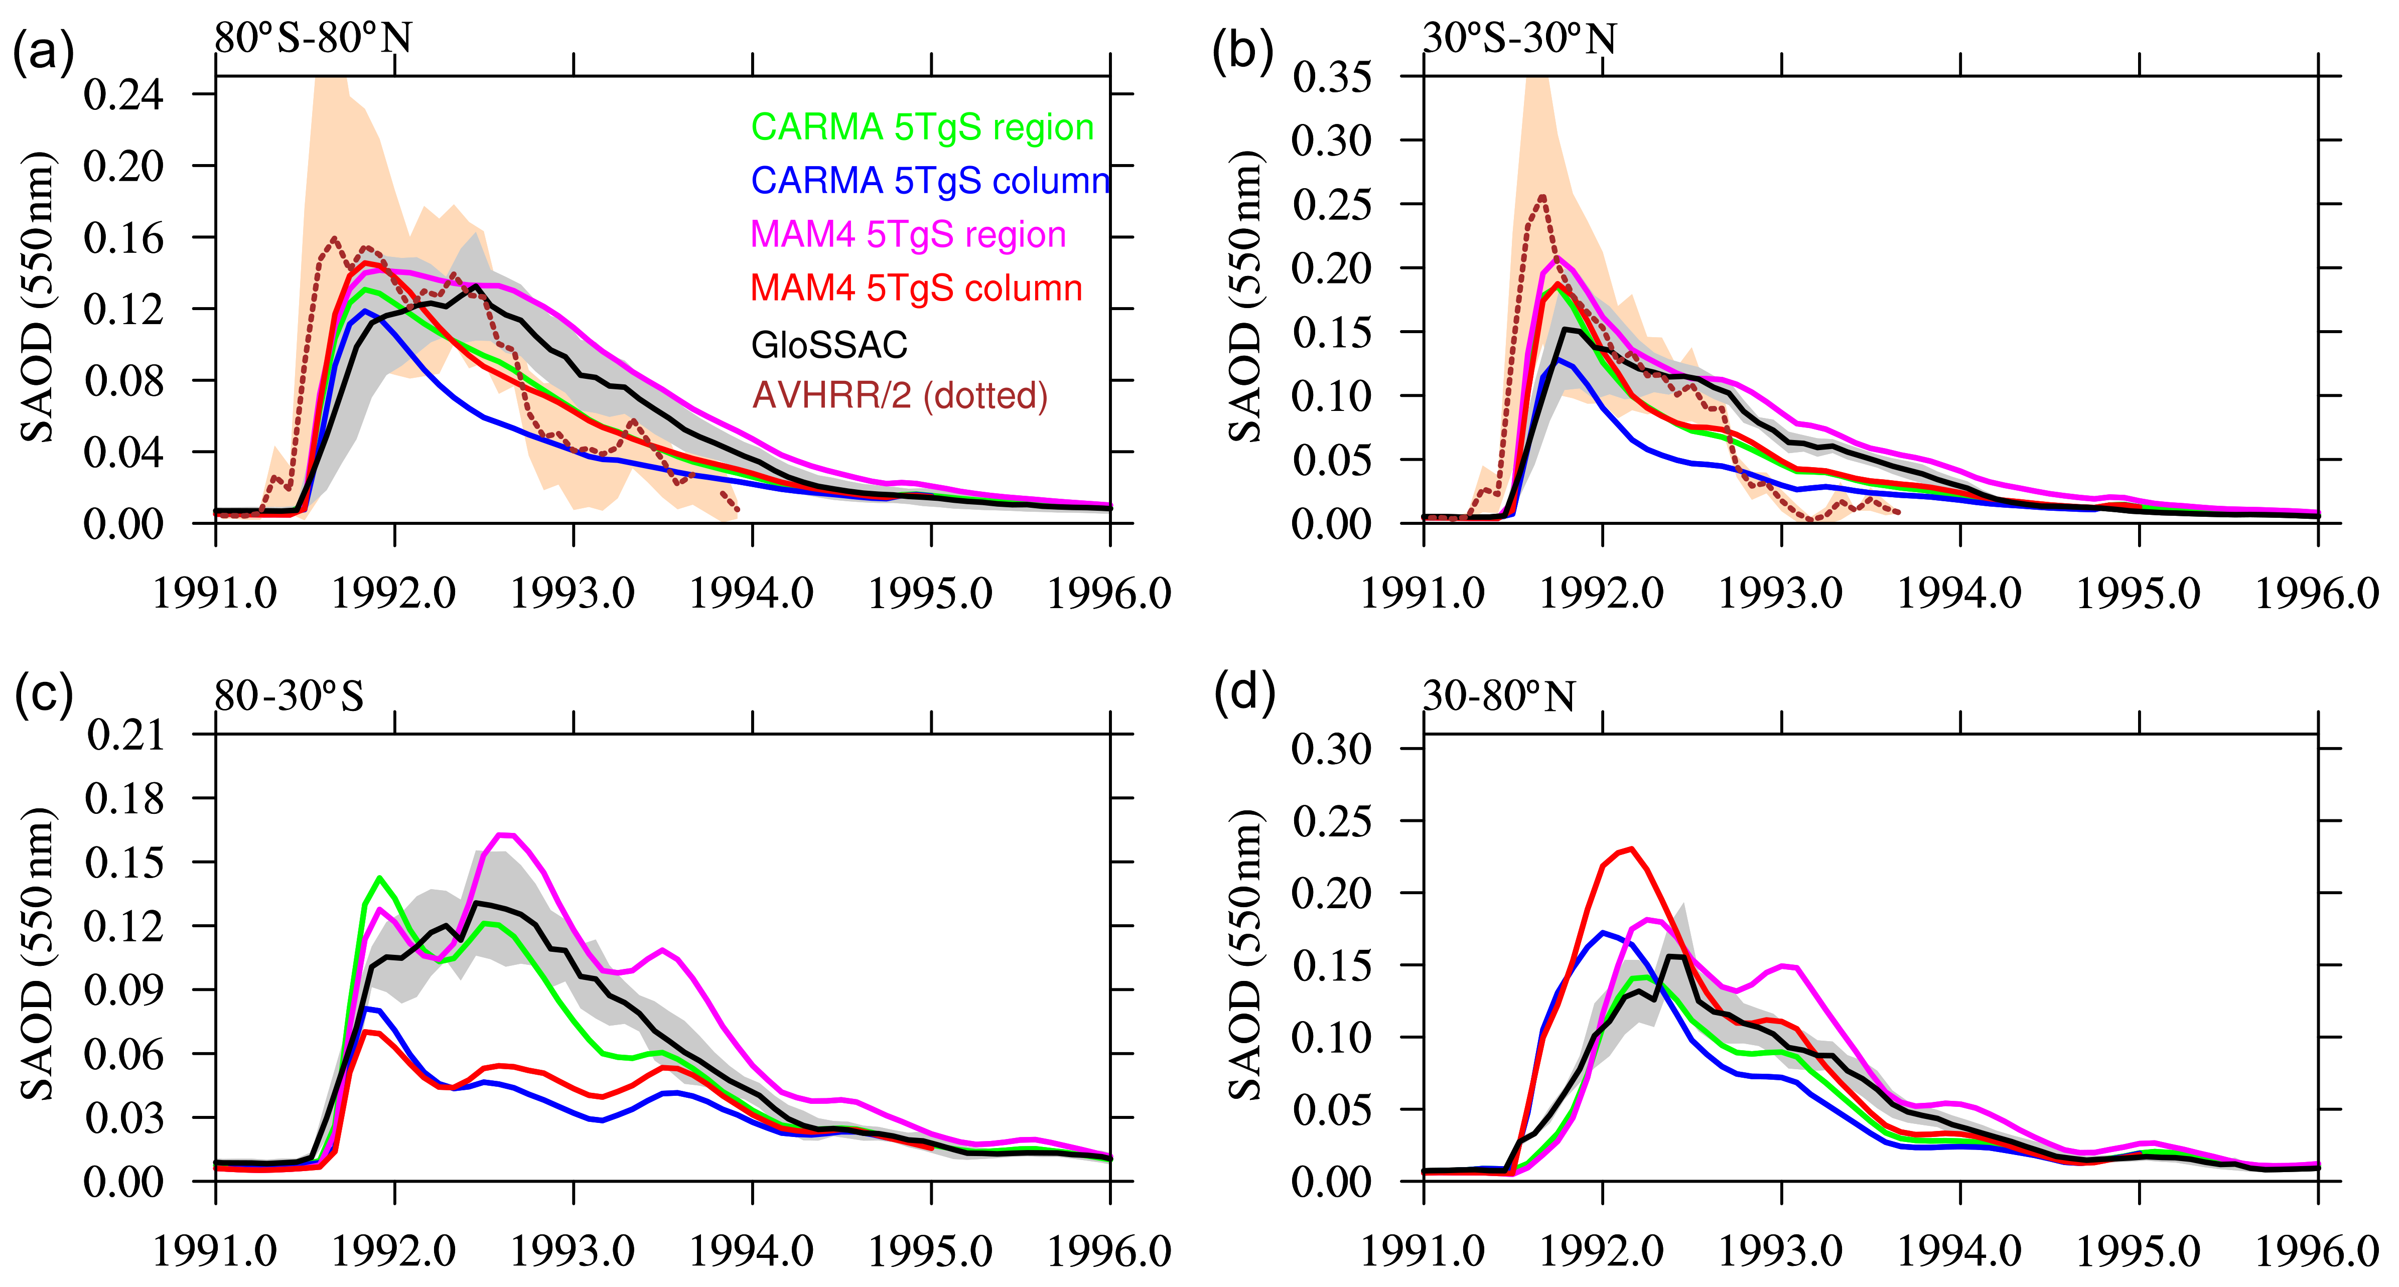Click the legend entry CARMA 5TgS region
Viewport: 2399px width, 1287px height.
point(922,127)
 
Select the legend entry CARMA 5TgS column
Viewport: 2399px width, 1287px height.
point(930,181)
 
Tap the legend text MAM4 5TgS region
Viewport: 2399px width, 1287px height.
point(908,235)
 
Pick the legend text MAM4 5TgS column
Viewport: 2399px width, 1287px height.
point(916,289)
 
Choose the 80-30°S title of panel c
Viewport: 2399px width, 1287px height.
point(289,695)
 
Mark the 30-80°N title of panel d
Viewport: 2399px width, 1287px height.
point(1499,695)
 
